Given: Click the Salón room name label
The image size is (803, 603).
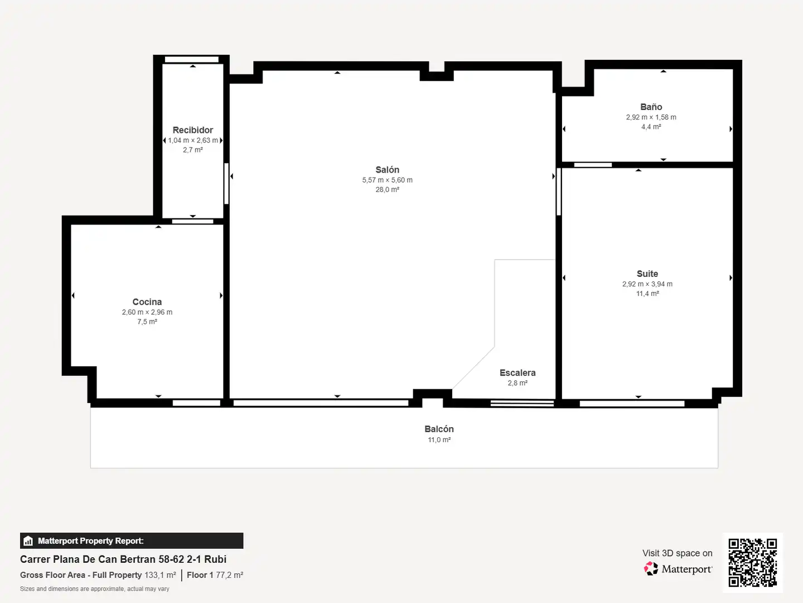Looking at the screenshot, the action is (x=387, y=170).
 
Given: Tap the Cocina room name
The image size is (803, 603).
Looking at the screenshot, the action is (x=147, y=301).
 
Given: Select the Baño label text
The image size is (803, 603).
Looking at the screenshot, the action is (x=651, y=107).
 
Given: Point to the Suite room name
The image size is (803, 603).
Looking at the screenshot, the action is (x=647, y=274).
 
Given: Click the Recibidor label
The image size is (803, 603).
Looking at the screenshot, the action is (x=193, y=130).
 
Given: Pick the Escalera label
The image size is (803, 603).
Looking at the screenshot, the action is (x=517, y=373).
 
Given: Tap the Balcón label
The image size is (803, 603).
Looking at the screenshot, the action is (x=439, y=429).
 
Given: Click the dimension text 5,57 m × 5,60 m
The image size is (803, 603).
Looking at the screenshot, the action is (x=388, y=180).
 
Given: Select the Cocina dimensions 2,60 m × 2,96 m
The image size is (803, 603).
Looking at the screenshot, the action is (x=147, y=312).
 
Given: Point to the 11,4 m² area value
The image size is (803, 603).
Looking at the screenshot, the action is (x=647, y=294).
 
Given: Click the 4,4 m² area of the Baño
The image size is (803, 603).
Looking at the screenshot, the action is (x=651, y=127).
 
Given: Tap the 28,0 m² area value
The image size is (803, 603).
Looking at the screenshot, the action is (x=388, y=190).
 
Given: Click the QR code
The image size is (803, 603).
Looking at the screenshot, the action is (x=752, y=563).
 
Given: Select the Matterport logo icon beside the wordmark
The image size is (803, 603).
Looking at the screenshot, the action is (x=651, y=568).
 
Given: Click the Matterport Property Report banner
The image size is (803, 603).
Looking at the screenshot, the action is (x=132, y=541).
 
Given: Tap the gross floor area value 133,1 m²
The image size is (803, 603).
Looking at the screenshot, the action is (x=160, y=575).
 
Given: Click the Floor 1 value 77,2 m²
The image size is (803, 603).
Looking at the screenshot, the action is (x=229, y=575).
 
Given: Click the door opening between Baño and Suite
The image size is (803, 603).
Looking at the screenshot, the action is (x=593, y=165).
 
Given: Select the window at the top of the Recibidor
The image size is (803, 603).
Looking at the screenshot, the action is (x=192, y=59).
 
